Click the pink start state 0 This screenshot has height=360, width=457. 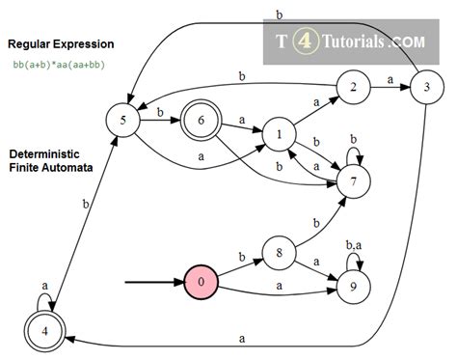pos(200,283)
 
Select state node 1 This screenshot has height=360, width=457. pos(281,134)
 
